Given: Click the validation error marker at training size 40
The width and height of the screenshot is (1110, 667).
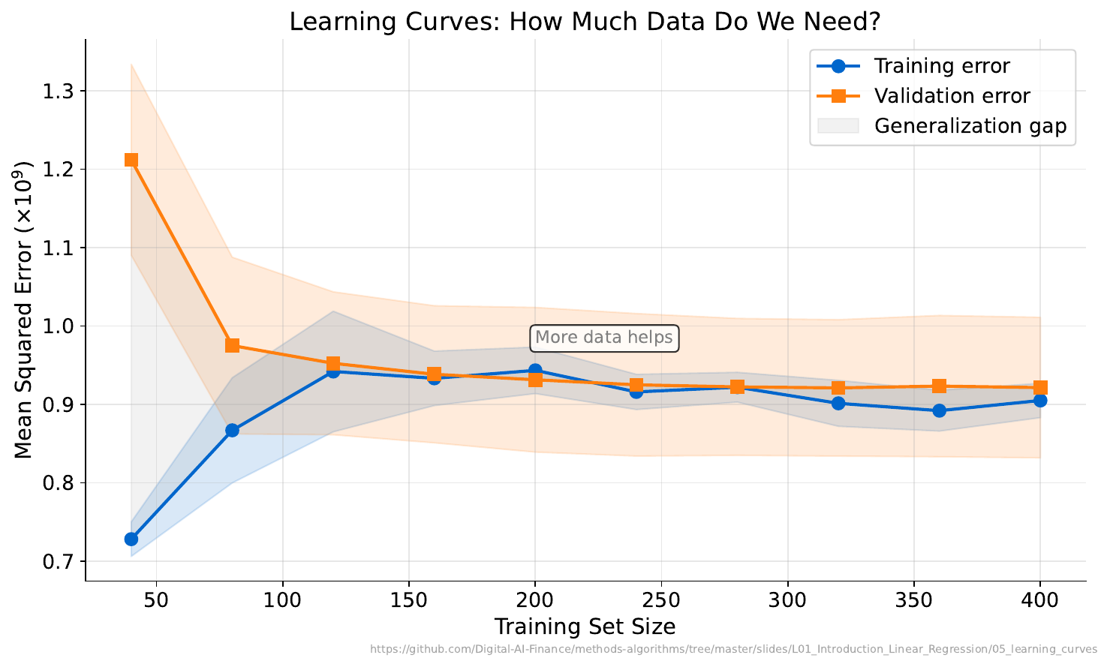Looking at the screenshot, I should point(131,160).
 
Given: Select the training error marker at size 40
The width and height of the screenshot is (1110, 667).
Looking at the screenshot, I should point(131,539).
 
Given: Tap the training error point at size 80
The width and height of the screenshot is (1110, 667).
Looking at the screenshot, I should point(232,430).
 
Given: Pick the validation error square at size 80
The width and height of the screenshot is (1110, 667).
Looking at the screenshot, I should point(232,345).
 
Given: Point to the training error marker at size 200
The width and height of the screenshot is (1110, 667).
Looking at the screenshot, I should point(535,371).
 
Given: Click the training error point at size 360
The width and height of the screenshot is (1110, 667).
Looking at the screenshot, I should point(939,410).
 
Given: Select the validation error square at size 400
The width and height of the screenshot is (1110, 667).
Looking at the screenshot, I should point(1040,388).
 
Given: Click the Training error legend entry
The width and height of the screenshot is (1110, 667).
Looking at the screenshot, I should point(941,66).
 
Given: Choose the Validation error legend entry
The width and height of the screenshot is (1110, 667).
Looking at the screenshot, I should point(952,96).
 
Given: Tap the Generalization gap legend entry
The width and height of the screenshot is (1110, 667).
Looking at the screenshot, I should point(970,126).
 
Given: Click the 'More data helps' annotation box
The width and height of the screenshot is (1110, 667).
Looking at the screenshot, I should point(604,338).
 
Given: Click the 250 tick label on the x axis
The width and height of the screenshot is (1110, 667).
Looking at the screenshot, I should point(661,601).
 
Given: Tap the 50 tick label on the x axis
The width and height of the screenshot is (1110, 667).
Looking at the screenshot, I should point(156,601).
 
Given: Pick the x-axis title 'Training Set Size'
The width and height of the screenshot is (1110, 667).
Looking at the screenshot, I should point(585,626).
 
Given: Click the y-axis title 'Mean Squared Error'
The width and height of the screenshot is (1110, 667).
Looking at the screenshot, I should point(24,309).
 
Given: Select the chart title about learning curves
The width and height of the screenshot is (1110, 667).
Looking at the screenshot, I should point(585,21).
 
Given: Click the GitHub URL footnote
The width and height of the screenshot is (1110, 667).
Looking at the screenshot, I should point(733,650).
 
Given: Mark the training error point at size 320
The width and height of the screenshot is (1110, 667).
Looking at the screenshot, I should point(838,403).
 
